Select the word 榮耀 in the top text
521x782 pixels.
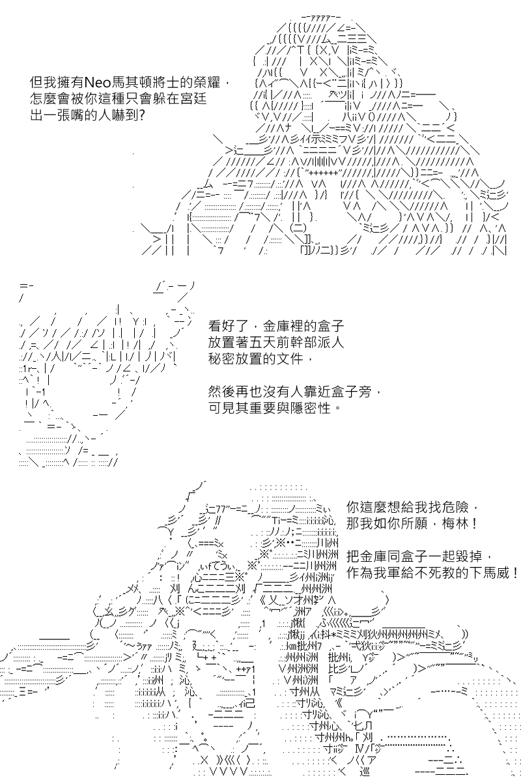pos(207,83)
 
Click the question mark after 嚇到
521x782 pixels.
pos(142,115)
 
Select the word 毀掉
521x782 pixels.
pos(470,556)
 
